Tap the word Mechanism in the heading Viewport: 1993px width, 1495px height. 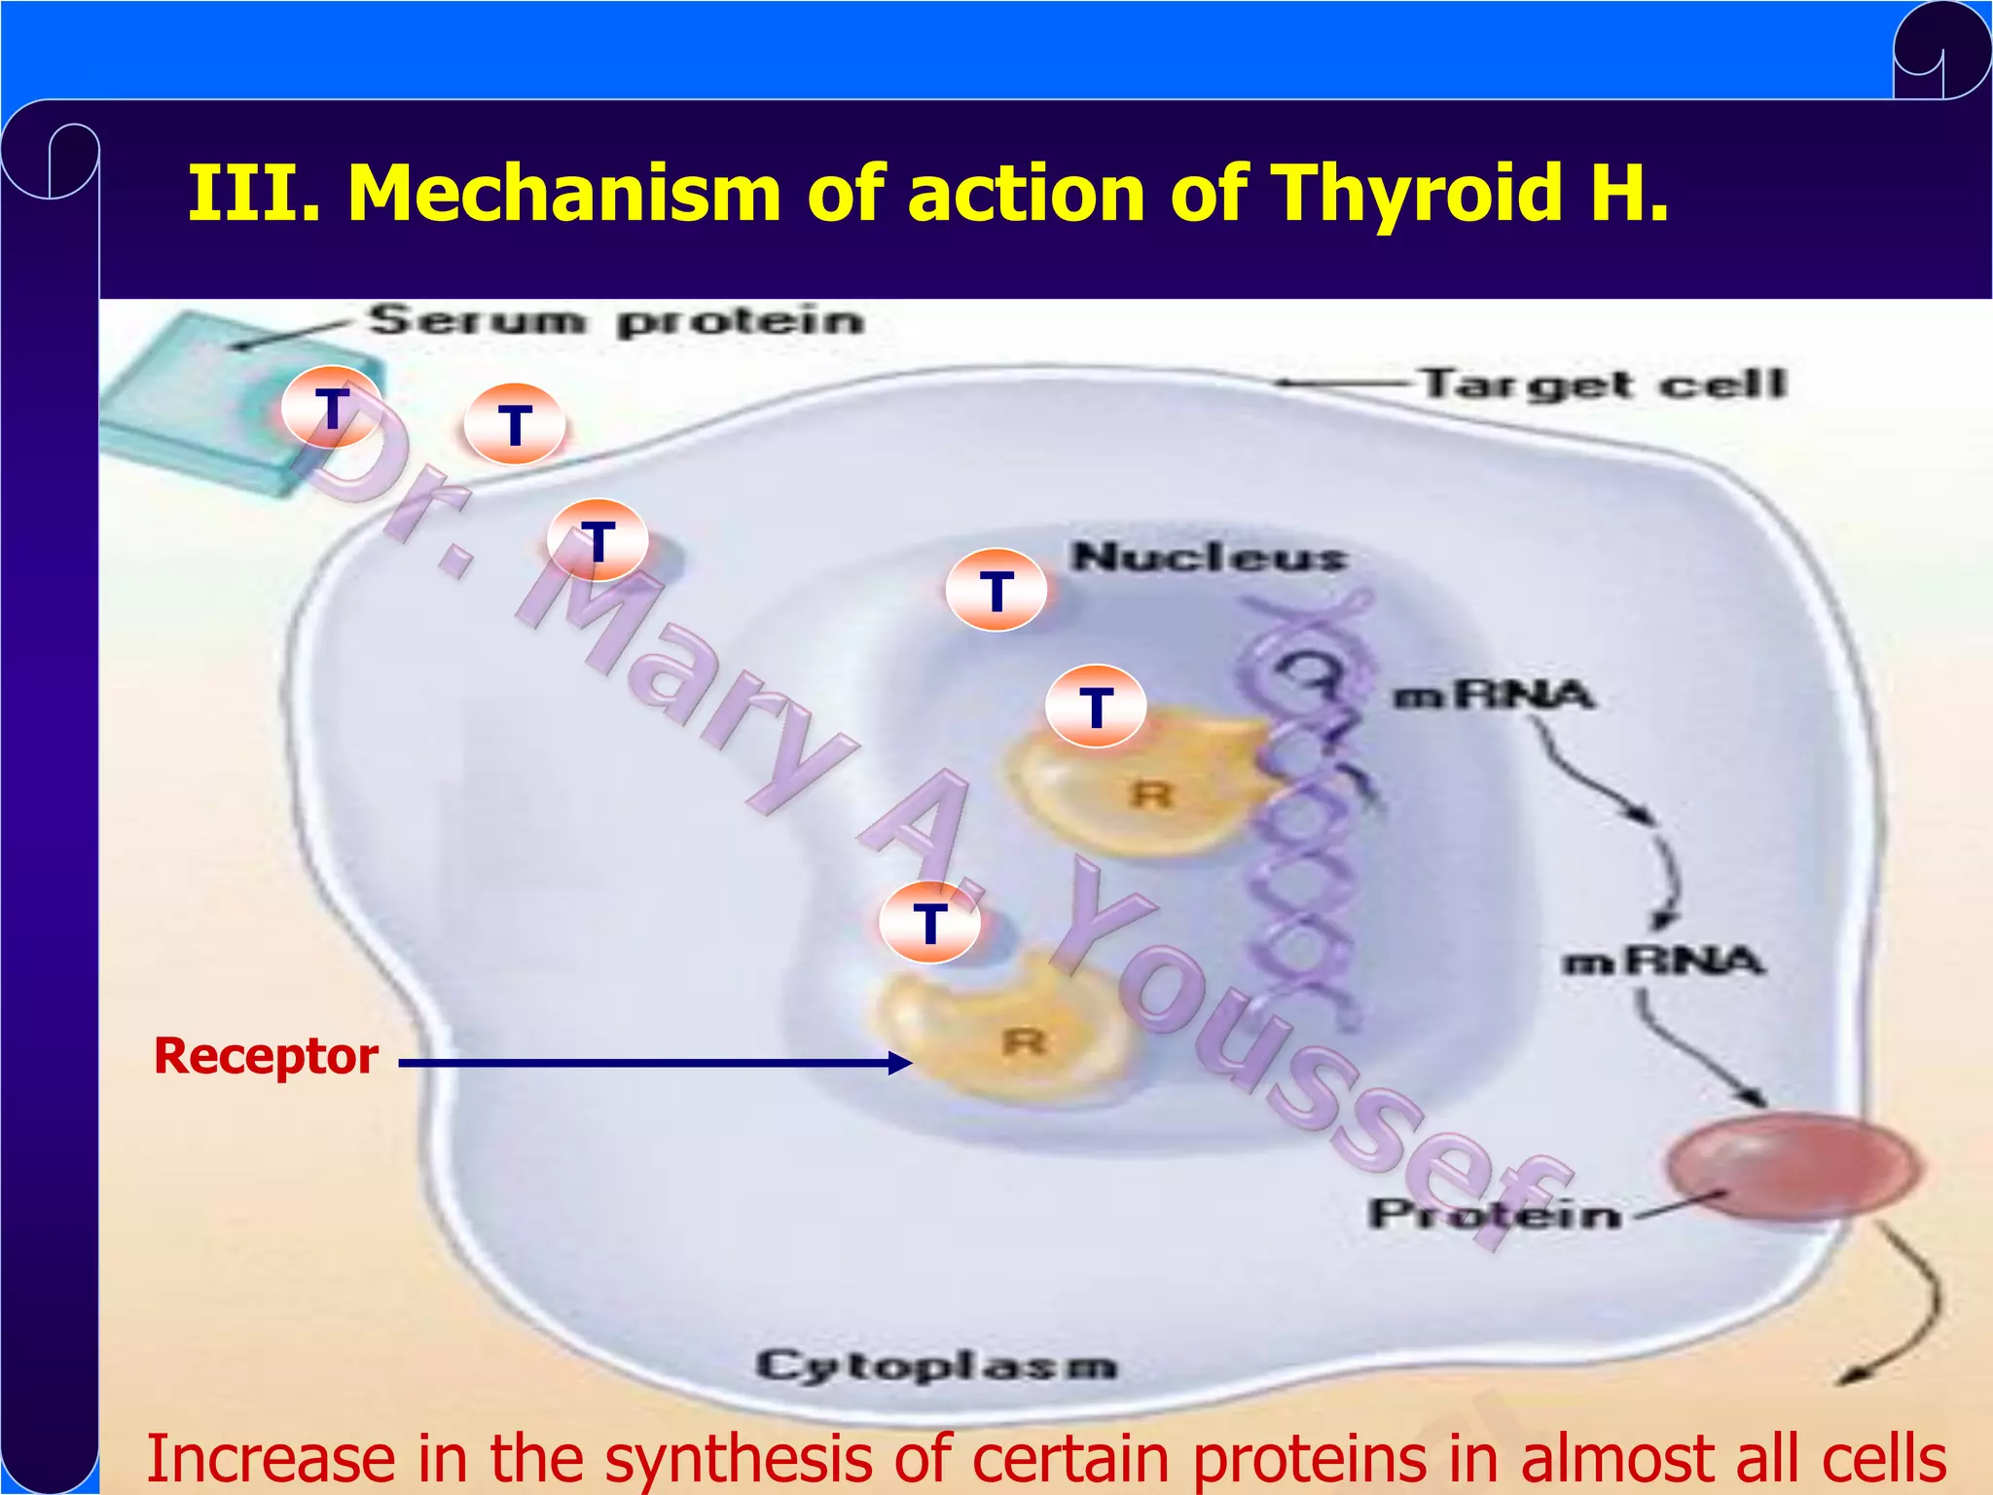564,193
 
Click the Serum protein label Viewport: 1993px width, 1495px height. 616,321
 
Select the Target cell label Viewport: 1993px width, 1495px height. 1604,383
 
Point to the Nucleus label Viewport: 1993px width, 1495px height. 1209,557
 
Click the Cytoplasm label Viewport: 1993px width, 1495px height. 936,1366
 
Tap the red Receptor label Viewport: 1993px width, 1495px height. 266,1057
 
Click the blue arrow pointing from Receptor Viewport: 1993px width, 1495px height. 652,1063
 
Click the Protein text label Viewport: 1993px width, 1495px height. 1495,1215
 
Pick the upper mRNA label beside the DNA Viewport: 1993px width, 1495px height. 1495,695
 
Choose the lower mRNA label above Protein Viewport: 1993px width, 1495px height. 1663,962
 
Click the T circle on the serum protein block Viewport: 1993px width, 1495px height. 332,408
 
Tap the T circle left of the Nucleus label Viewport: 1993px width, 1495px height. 996,590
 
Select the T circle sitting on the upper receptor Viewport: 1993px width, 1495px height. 1096,706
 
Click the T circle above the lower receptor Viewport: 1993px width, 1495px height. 929,922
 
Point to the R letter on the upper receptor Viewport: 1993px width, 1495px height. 1152,795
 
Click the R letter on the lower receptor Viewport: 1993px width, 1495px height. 1024,1042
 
